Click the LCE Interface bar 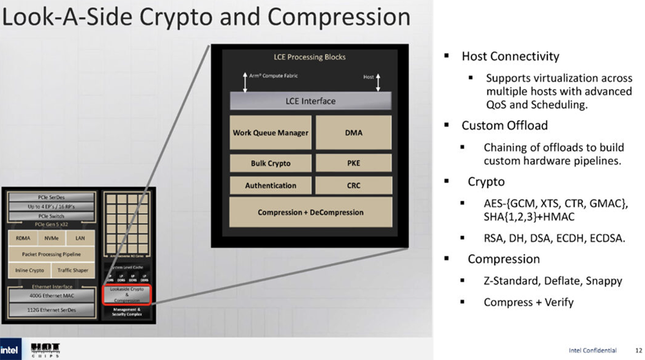[x=310, y=101]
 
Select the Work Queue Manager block [x=270, y=133]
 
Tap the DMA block [x=353, y=133]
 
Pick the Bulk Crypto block [x=270, y=163]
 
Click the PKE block [x=353, y=163]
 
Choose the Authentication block [x=270, y=185]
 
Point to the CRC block [x=353, y=185]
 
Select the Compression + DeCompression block [x=310, y=212]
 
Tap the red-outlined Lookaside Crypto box [x=126, y=295]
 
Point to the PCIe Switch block [x=51, y=215]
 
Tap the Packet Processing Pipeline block [x=51, y=254]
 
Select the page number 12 [x=637, y=350]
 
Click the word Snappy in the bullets [x=606, y=281]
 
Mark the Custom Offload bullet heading [x=504, y=125]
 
